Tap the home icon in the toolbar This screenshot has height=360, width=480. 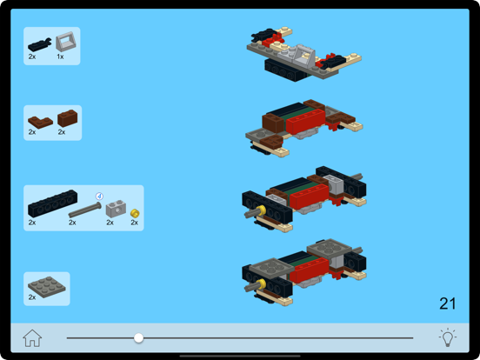(x=32, y=338)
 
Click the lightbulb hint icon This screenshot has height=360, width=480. (x=447, y=337)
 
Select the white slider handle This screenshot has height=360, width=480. (x=138, y=337)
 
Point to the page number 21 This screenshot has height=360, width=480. (x=448, y=303)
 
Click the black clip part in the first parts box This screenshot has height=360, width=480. (x=39, y=43)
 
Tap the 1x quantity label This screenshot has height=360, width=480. (x=60, y=57)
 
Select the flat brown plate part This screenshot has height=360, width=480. (x=37, y=121)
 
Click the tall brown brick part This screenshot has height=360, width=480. (x=67, y=117)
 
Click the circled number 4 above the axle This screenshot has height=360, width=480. (x=99, y=196)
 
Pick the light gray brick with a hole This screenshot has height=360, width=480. (x=114, y=209)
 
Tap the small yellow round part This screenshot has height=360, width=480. (x=135, y=213)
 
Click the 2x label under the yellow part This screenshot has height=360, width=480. (x=135, y=223)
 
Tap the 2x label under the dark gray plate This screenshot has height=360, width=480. (x=32, y=297)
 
